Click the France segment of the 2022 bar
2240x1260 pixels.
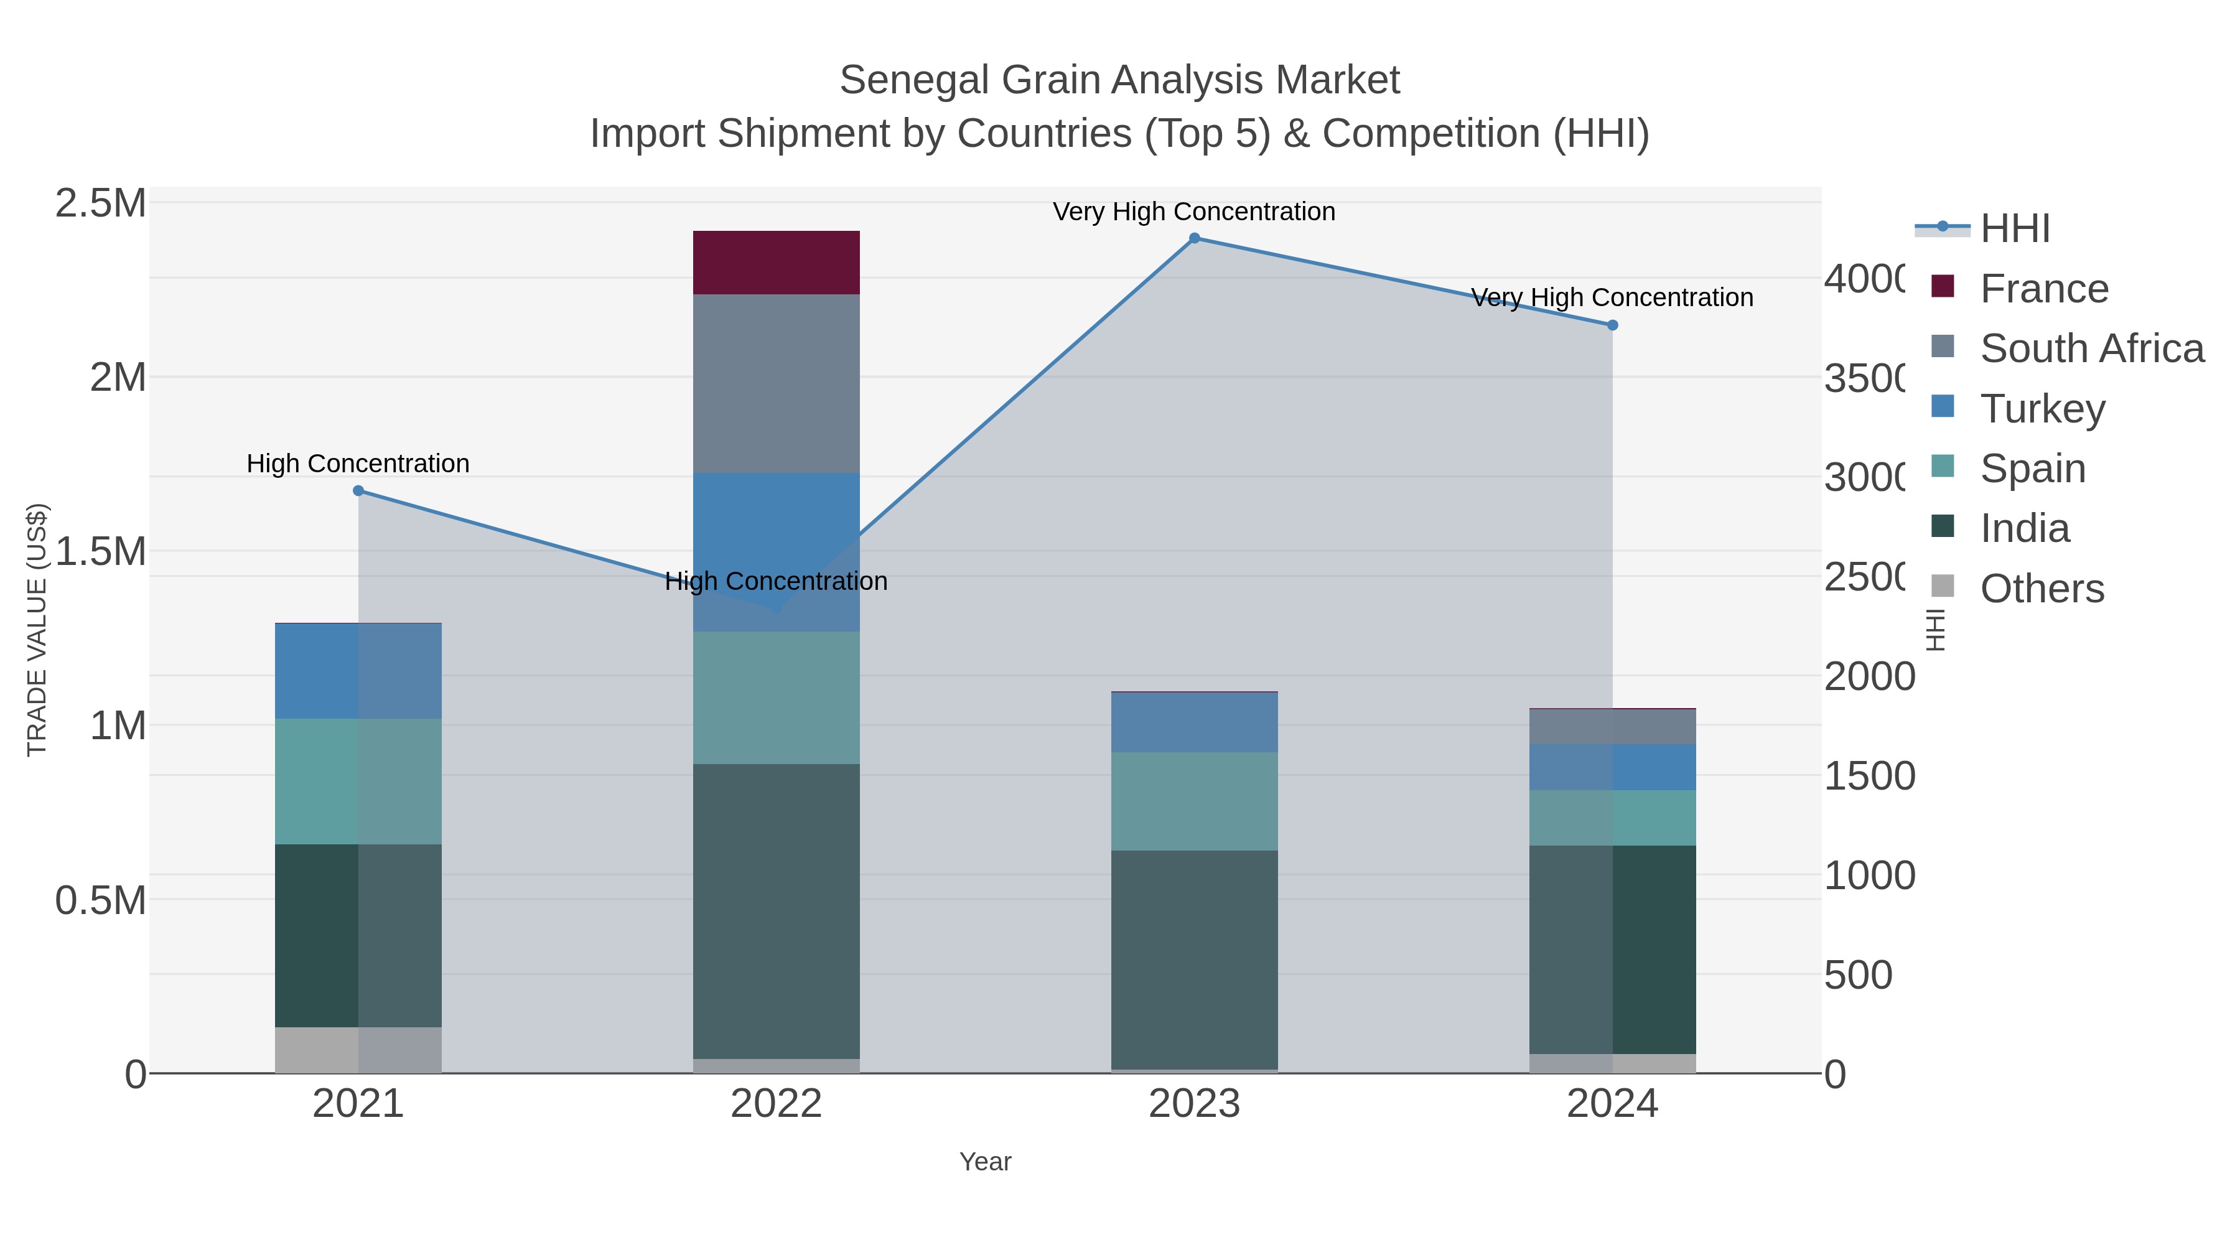[776, 263]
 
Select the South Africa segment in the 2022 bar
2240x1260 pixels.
[776, 383]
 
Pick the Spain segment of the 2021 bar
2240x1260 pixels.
[357, 781]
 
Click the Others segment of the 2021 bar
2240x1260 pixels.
[357, 1050]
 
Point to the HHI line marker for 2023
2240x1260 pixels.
[1194, 238]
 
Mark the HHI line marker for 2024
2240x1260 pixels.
[1612, 325]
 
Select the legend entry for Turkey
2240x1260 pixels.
[2042, 409]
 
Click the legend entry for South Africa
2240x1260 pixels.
[2091, 348]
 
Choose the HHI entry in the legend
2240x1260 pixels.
[2014, 229]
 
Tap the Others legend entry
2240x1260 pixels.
[2041, 589]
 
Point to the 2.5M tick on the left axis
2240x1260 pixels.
[101, 203]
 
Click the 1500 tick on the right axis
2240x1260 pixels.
[1869, 776]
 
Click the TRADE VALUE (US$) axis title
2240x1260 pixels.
[37, 630]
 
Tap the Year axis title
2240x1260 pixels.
[985, 1162]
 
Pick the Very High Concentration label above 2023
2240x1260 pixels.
[1194, 212]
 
